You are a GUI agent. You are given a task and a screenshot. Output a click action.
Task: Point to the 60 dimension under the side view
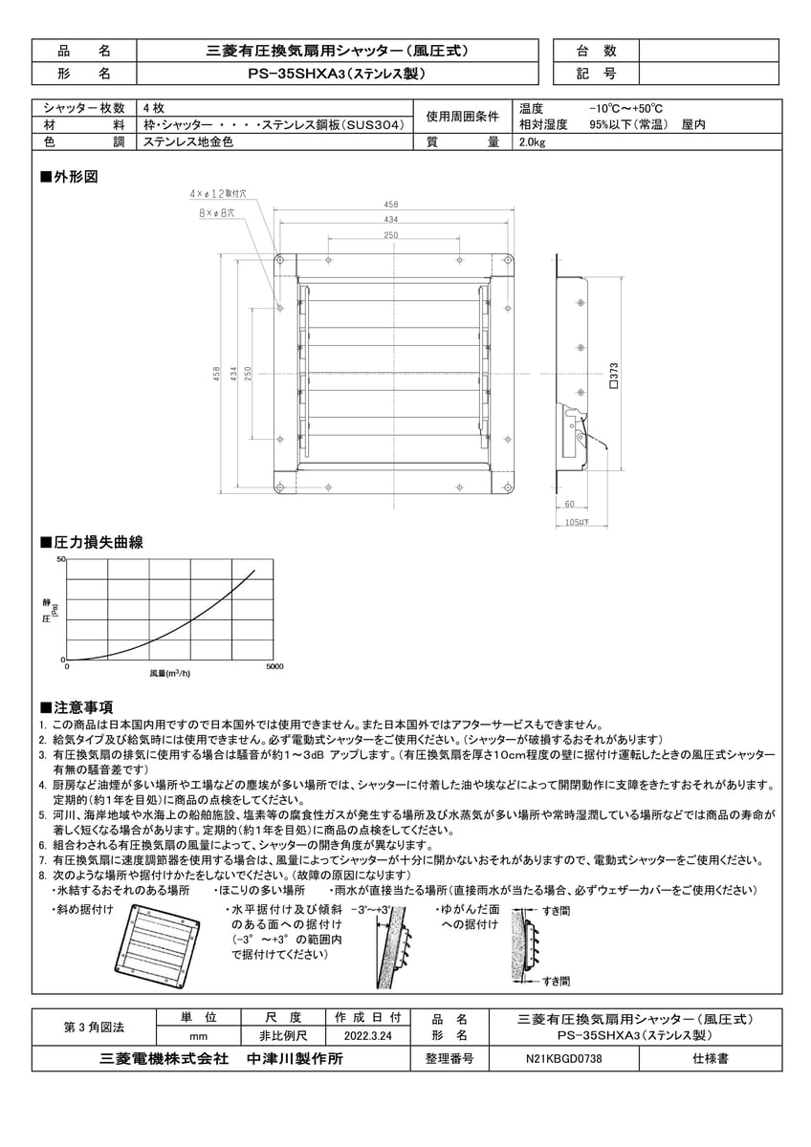coord(569,504)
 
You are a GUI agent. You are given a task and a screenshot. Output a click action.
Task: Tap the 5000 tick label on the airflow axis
coord(274,666)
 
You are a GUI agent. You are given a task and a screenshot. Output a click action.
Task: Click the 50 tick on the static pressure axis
coord(61,558)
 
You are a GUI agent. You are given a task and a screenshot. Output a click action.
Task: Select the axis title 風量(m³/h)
coord(169,674)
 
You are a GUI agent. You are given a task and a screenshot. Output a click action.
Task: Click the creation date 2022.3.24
coord(368,1034)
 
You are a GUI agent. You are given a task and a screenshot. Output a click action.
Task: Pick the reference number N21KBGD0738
coord(564,1059)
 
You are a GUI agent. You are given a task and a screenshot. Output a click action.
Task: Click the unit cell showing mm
coord(200,1034)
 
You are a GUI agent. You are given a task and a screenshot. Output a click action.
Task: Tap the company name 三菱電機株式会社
coord(163,1059)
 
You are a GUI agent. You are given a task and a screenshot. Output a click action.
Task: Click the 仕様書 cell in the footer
coord(711,1059)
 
